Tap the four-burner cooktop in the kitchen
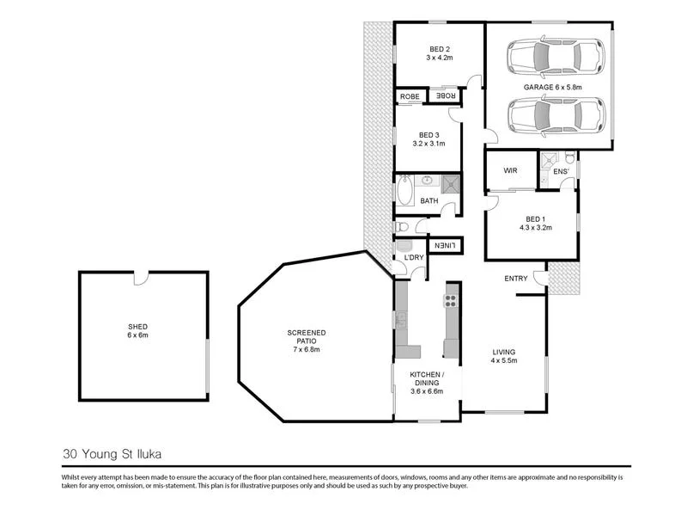pyautogui.click(x=450, y=300)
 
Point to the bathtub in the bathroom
pyautogui.click(x=404, y=189)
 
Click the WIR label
pyautogui.click(x=508, y=170)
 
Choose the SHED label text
pyautogui.click(x=138, y=327)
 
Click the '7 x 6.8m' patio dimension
pyautogui.click(x=305, y=349)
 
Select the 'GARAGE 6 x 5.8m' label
pyautogui.click(x=553, y=87)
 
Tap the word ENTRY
pyautogui.click(x=516, y=278)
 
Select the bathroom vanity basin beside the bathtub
pyautogui.click(x=426, y=182)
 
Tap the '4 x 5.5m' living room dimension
pyautogui.click(x=503, y=361)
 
